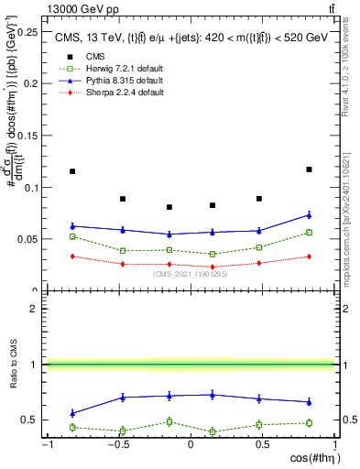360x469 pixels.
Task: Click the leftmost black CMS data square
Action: coord(72,171)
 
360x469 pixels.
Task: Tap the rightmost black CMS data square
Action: coord(309,169)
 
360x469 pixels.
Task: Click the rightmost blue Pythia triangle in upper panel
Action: coord(309,215)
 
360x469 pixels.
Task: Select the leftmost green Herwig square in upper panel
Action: coord(72,236)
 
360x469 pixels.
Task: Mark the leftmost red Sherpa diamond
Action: coord(72,256)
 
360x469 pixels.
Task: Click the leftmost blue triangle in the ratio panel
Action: coord(72,413)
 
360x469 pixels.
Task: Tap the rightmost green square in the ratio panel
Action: coord(309,422)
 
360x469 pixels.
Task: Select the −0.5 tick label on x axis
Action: coord(118,445)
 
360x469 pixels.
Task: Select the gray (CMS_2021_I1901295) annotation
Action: coord(191,274)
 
